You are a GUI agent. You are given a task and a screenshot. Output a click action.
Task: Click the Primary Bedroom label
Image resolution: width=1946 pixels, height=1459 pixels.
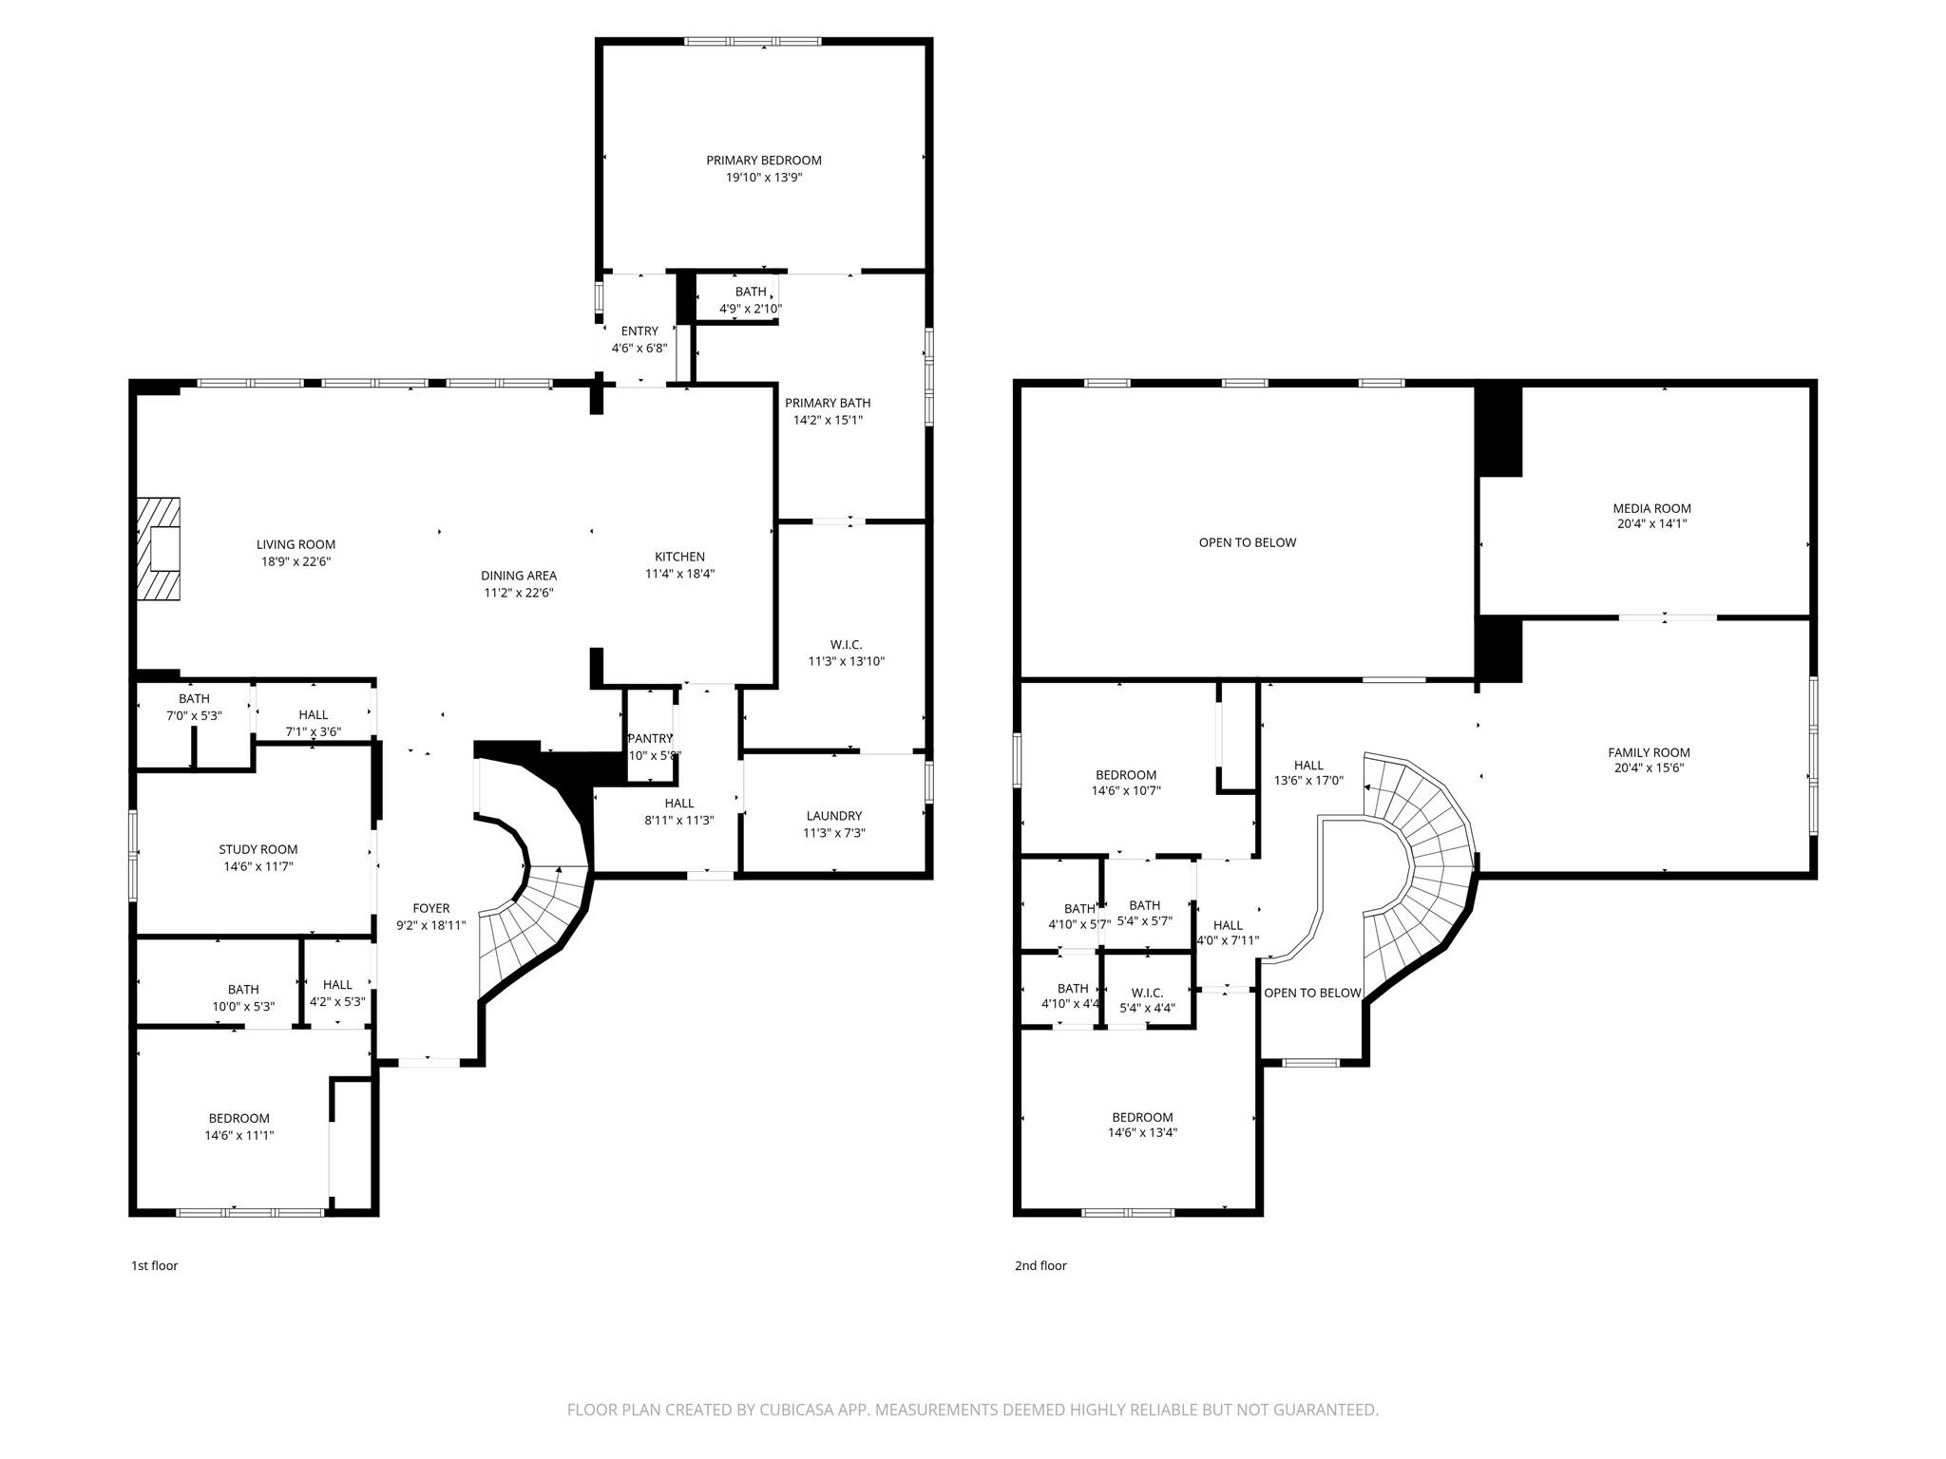763,161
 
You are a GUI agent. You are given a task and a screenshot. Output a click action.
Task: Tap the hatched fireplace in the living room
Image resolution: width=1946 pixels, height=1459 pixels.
158,549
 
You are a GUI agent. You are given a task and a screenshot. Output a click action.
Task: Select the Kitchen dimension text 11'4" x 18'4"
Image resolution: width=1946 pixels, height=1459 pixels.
679,574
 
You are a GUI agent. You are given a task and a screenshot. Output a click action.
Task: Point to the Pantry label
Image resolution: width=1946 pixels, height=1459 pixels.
650,739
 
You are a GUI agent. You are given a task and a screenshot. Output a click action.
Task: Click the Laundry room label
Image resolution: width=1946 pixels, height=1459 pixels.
833,816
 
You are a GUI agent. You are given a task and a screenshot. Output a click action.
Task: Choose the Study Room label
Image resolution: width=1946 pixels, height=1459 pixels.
258,849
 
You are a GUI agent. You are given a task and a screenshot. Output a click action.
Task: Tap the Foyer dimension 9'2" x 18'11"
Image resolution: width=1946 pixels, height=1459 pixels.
430,924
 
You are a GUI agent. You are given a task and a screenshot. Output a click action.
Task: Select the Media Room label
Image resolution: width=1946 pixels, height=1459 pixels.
1651,508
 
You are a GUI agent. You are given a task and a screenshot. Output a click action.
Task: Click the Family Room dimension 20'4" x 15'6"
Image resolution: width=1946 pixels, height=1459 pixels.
1649,768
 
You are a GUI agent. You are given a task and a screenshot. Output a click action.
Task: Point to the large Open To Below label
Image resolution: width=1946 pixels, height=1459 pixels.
1247,542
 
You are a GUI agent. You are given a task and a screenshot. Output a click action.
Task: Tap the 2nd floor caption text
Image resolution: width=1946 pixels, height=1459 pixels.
1040,1265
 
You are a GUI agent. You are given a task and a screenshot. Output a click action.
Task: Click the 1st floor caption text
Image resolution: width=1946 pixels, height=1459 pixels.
154,1265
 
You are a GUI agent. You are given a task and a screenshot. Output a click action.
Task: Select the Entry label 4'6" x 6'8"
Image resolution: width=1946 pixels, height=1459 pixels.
639,339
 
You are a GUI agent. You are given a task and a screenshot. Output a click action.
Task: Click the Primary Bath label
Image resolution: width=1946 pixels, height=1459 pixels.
827,403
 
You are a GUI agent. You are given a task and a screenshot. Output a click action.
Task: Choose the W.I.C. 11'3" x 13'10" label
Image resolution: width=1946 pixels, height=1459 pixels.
846,653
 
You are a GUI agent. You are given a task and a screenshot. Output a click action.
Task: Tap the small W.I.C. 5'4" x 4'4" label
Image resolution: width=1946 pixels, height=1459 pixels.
1147,1000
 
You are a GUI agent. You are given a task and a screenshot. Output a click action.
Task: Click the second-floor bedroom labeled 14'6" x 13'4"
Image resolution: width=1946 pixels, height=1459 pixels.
1142,1125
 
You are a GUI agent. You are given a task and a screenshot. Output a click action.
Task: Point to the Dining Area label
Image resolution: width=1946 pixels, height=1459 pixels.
518,576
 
